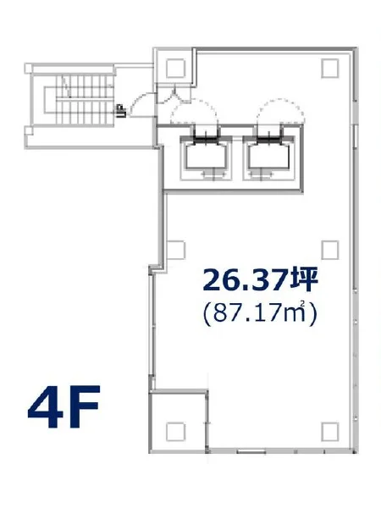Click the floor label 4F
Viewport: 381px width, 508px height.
click(x=63, y=406)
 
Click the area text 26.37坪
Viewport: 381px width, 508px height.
click(x=260, y=280)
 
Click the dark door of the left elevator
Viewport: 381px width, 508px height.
click(x=206, y=140)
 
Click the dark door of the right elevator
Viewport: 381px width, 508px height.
click(x=269, y=140)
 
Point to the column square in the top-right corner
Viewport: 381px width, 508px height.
click(x=330, y=68)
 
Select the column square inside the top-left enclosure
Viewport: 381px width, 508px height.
click(x=175, y=68)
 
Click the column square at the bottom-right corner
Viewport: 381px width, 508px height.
click(x=330, y=431)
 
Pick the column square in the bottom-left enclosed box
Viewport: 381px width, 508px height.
click(x=175, y=431)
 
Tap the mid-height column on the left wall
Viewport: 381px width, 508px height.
click(x=176, y=250)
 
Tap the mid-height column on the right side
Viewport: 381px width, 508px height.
click(x=330, y=250)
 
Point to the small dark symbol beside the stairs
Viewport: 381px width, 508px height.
click(x=121, y=111)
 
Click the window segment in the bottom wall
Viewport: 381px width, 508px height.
click(x=251, y=451)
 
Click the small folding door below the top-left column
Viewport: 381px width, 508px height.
click(x=173, y=94)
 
